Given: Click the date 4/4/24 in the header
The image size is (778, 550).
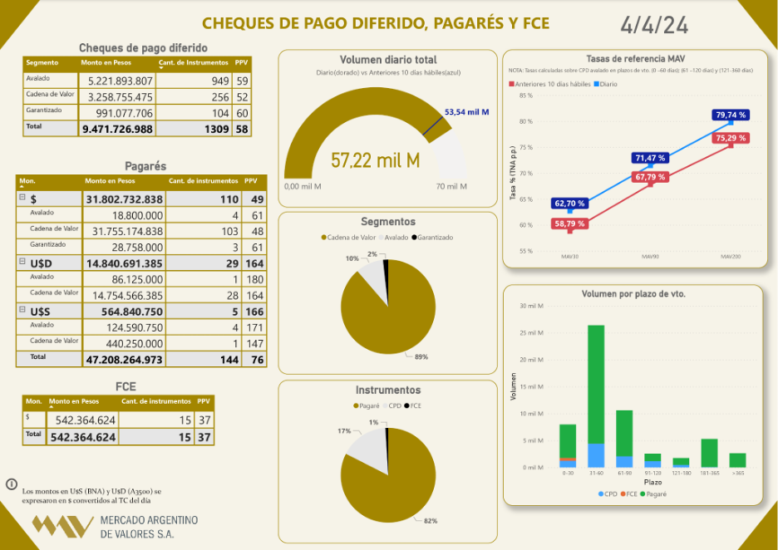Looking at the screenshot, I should click(x=654, y=25).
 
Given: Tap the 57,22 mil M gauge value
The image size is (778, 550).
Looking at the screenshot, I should click(x=375, y=161).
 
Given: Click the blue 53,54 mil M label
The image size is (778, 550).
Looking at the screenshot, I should click(x=466, y=112).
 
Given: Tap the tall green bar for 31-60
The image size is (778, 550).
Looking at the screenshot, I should click(x=596, y=383).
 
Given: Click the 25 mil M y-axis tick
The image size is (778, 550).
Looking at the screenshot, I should click(x=531, y=333).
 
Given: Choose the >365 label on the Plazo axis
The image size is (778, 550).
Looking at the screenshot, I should click(x=737, y=473).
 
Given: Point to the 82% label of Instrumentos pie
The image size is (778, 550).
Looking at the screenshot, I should click(x=431, y=521).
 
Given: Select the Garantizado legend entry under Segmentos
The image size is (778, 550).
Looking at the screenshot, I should click(x=432, y=238).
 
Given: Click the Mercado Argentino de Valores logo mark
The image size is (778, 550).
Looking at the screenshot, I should click(x=62, y=526).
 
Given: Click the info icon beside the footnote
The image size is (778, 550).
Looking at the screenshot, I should click(x=12, y=484).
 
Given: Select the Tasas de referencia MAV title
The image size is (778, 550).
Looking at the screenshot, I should click(x=632, y=59).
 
